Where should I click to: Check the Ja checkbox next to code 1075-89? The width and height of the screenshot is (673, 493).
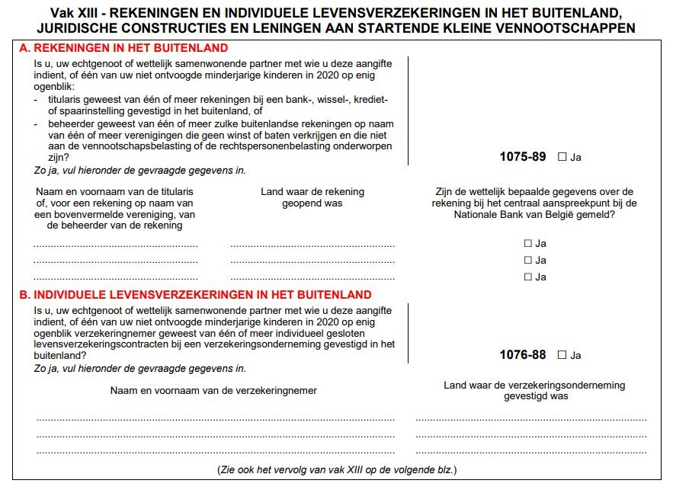(x=562, y=157)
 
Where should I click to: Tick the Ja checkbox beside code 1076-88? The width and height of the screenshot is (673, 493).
(x=562, y=355)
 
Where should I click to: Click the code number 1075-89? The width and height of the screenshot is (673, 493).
(x=523, y=157)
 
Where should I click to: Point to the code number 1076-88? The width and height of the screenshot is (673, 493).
(x=523, y=355)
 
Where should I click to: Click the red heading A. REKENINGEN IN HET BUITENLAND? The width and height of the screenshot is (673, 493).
(x=123, y=48)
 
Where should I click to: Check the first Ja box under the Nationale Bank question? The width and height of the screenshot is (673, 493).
(x=527, y=244)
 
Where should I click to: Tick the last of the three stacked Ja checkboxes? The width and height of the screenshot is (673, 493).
(x=527, y=277)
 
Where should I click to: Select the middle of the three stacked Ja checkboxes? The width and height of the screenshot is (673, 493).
(x=527, y=261)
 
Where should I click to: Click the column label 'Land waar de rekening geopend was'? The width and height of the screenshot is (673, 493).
(x=312, y=197)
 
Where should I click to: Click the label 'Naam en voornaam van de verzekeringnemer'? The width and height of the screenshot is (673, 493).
(x=213, y=391)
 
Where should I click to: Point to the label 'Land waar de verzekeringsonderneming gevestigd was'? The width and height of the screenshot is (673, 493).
(x=534, y=390)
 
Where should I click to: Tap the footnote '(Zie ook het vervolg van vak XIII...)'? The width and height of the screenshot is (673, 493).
(x=337, y=469)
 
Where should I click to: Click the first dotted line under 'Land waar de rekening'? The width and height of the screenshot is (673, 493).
(x=312, y=246)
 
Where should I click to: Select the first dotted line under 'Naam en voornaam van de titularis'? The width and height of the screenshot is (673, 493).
(x=116, y=246)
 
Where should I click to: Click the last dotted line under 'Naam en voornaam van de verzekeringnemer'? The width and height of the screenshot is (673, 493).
(x=216, y=453)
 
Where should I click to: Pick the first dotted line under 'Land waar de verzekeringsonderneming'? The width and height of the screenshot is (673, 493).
(x=531, y=420)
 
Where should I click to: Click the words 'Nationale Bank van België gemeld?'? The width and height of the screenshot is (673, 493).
(x=534, y=215)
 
